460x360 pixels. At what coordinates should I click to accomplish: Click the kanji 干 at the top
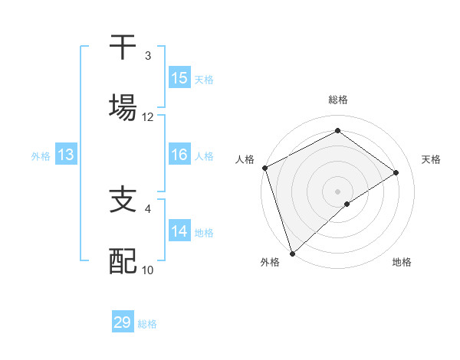[x=123, y=47]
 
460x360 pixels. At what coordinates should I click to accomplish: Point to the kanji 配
[x=123, y=261]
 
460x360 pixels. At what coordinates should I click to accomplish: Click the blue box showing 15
[x=179, y=78]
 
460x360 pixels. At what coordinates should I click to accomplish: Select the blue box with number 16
[x=179, y=155]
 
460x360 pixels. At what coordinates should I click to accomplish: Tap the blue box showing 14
[x=179, y=232]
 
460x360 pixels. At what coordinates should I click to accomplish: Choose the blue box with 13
[x=66, y=155]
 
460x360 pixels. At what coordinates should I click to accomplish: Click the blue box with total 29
[x=123, y=322]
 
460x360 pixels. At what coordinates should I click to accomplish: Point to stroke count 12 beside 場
[x=148, y=117]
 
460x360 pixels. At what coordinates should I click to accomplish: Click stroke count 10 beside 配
[x=148, y=270]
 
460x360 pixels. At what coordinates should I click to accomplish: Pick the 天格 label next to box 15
[x=203, y=79]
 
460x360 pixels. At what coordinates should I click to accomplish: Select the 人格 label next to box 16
[x=203, y=156]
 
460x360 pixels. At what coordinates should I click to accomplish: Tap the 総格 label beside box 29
[x=147, y=323]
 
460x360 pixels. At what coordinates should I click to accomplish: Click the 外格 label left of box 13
[x=41, y=156]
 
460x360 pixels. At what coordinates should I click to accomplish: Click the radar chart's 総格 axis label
[x=338, y=100]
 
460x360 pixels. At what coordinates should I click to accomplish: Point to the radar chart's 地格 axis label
[x=402, y=263]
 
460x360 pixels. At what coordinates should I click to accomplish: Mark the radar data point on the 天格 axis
[x=396, y=172]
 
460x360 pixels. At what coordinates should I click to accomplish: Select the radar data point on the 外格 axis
[x=291, y=253]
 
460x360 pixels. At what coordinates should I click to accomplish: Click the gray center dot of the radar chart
[x=338, y=191]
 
